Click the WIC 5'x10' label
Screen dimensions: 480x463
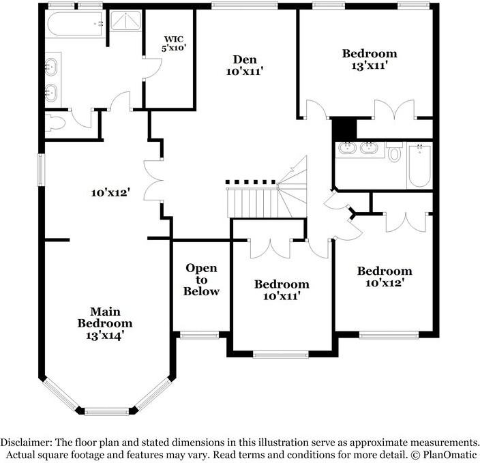click(174, 43)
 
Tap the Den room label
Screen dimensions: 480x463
click(245, 65)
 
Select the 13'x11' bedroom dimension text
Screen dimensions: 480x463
click(370, 65)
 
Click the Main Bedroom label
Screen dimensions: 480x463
click(105, 318)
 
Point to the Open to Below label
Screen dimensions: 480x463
click(201, 280)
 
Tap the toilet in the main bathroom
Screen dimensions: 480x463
click(55, 123)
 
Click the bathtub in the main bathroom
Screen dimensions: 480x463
click(75, 25)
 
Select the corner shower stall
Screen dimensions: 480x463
click(125, 20)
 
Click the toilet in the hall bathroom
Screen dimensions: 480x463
click(394, 152)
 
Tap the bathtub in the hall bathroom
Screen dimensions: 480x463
click(420, 166)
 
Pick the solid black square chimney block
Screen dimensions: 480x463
click(344, 129)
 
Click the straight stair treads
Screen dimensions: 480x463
click(252, 203)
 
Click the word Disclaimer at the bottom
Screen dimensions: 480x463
click(25, 443)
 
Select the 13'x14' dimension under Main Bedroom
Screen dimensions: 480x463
click(105, 335)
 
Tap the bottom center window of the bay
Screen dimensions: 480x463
click(106, 411)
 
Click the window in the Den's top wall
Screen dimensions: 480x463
click(244, 5)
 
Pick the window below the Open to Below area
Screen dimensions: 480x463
click(199, 335)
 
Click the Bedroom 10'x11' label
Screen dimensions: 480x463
click(282, 290)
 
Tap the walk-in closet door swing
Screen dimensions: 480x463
click(153, 68)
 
